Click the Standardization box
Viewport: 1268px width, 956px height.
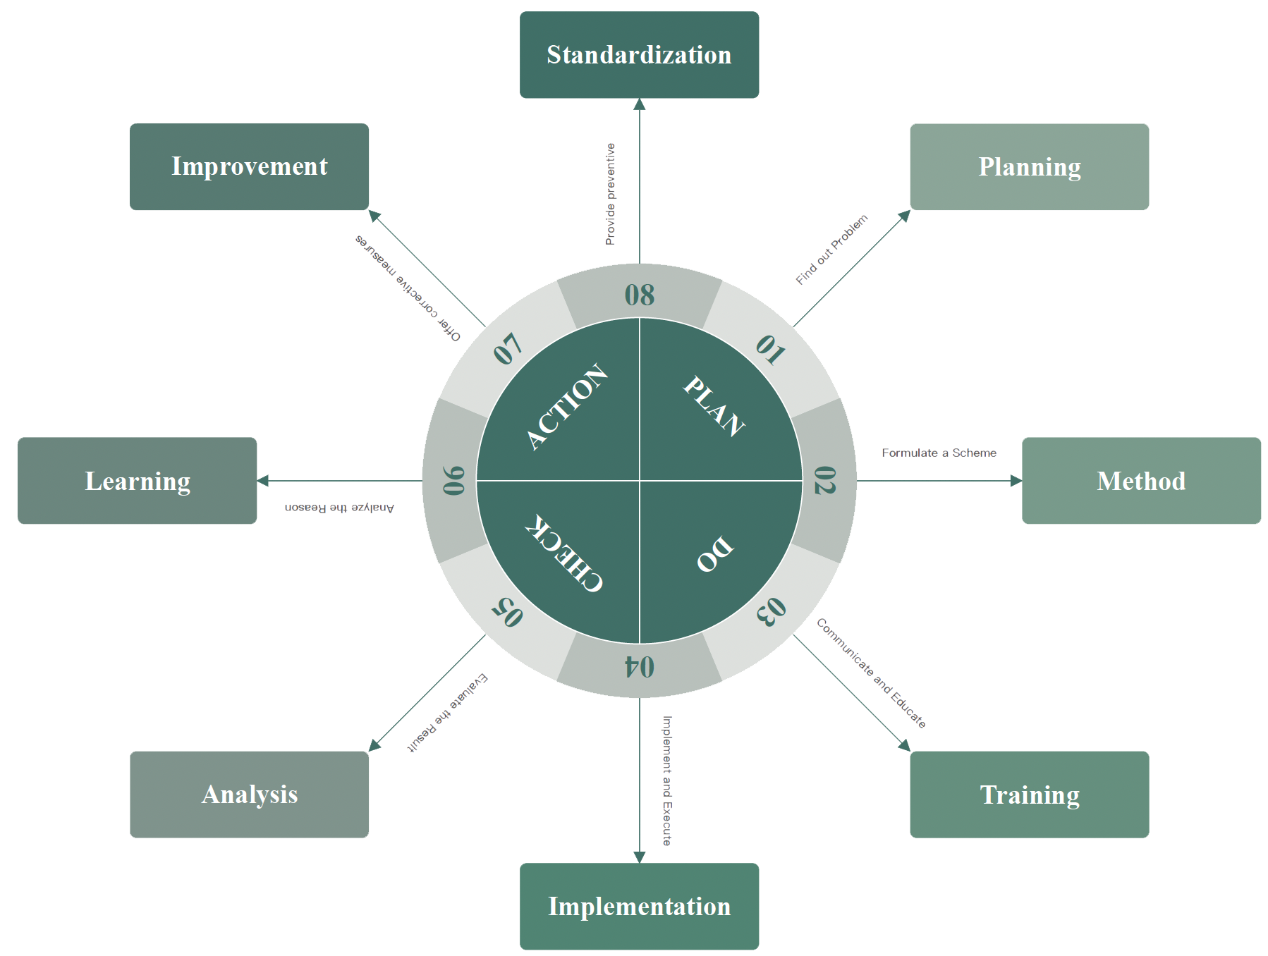click(639, 55)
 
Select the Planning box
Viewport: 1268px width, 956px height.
click(1029, 167)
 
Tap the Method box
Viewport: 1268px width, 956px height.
click(1141, 481)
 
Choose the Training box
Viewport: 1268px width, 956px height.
click(1029, 795)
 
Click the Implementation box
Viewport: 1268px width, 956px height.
click(639, 906)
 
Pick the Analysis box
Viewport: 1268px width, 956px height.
click(249, 795)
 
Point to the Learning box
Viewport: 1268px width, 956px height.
click(137, 481)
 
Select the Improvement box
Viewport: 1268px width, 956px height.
click(249, 167)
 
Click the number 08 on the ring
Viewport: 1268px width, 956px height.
click(640, 295)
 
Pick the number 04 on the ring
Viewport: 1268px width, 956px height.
click(640, 666)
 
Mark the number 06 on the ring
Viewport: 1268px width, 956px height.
click(453, 481)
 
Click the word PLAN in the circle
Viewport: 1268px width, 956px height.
click(714, 406)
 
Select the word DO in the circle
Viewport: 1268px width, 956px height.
click(714, 554)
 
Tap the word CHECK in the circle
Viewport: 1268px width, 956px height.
click(563, 553)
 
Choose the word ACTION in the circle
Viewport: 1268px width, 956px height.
click(567, 407)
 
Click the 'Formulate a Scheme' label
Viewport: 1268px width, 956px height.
click(939, 453)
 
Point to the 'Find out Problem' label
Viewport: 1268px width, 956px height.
click(831, 250)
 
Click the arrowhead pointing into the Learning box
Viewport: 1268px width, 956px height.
click(263, 481)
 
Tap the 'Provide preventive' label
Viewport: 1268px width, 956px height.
click(610, 194)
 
